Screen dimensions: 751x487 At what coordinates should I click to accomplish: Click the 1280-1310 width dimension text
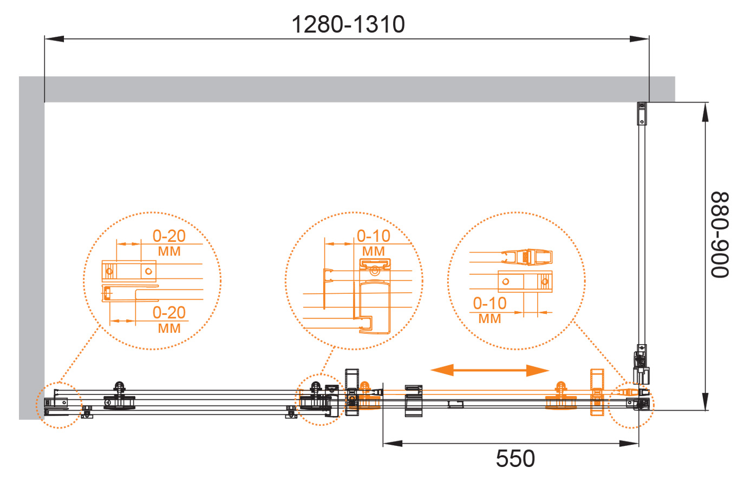pyautogui.click(x=348, y=24)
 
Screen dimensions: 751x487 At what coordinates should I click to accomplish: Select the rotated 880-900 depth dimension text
pyautogui.click(x=720, y=235)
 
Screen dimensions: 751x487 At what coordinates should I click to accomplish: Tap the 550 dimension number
pyautogui.click(x=515, y=458)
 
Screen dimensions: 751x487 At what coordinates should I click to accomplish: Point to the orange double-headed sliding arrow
pyautogui.click(x=489, y=370)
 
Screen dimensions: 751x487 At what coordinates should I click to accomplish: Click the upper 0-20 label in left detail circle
pyautogui.click(x=169, y=236)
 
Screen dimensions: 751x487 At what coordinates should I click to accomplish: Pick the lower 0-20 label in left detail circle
pyautogui.click(x=169, y=313)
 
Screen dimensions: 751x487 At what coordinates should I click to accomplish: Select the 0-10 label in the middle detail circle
pyautogui.click(x=374, y=236)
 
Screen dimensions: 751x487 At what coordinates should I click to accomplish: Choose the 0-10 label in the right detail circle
pyautogui.click(x=489, y=304)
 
